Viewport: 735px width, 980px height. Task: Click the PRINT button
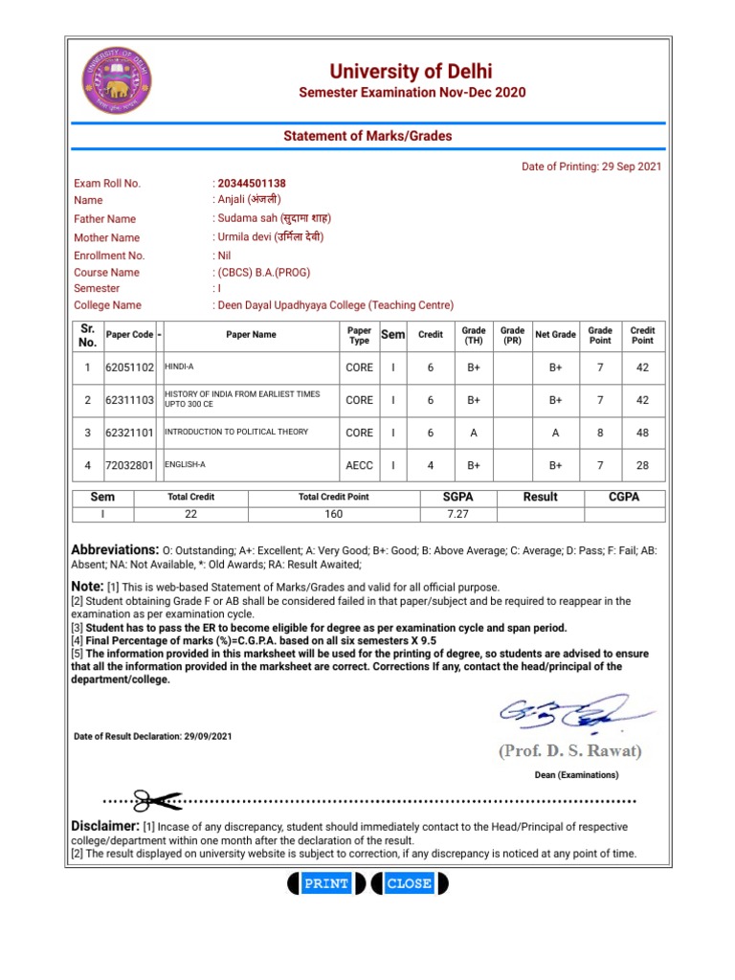(325, 883)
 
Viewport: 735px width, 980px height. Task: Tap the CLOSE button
(409, 883)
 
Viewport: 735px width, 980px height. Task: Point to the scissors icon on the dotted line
(156, 800)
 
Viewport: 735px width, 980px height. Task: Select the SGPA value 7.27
(459, 514)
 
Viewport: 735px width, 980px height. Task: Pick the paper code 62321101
(129, 433)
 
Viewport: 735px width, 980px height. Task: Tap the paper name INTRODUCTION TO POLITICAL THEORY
(237, 433)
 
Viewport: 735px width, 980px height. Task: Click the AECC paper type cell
(360, 465)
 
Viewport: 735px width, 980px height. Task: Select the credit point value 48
(642, 433)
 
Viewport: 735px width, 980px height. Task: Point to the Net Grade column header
(555, 335)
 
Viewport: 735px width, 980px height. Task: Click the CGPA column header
(624, 497)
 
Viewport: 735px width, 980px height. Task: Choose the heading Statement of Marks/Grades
(367, 136)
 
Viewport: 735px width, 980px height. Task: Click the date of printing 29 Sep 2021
(632, 167)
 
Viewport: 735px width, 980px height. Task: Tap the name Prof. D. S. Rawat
(570, 750)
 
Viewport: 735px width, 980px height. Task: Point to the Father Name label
(105, 219)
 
